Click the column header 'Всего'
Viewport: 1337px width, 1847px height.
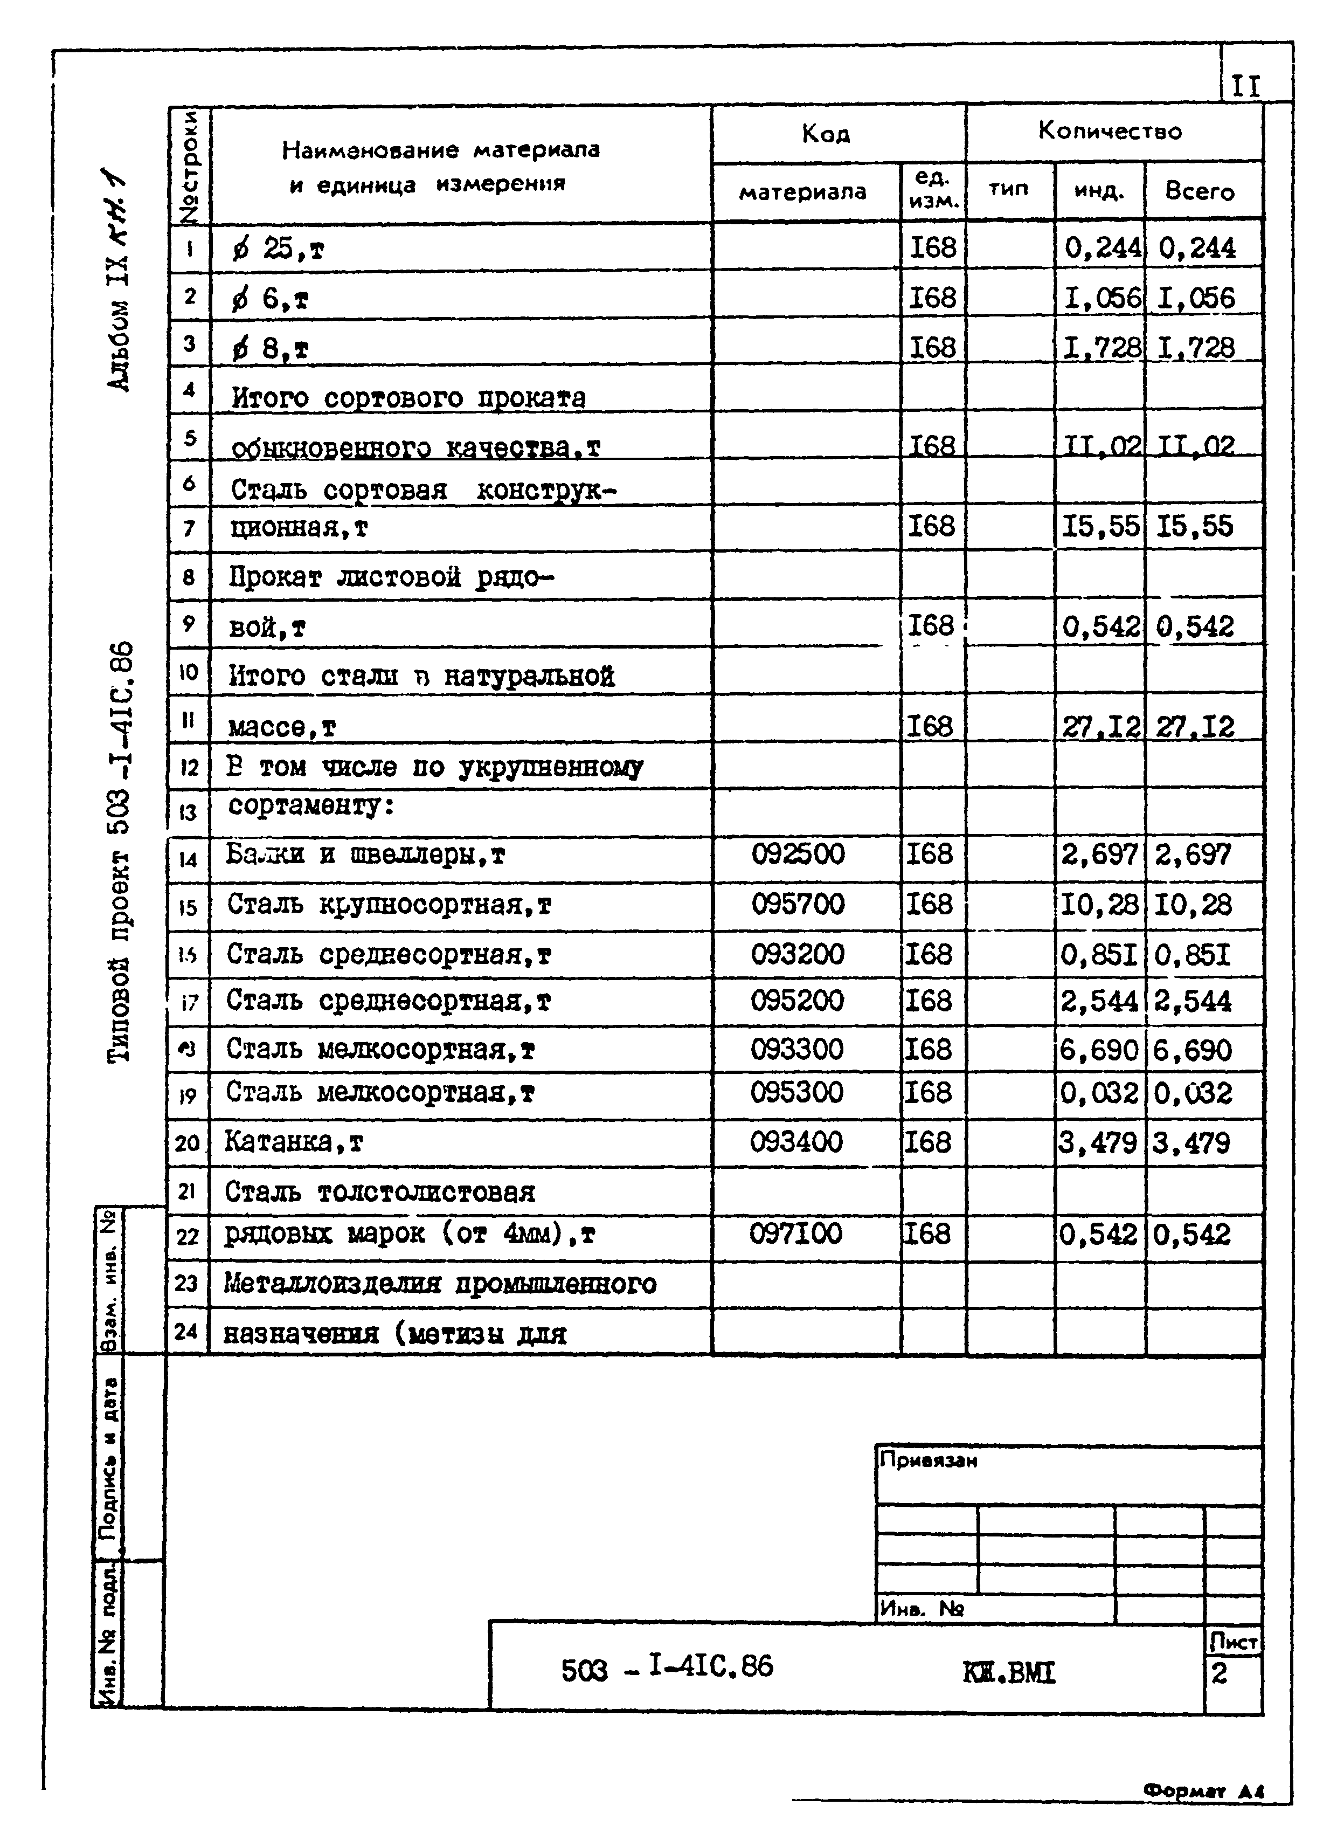pyautogui.click(x=1200, y=191)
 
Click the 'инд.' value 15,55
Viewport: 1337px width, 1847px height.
pyautogui.click(x=1100, y=526)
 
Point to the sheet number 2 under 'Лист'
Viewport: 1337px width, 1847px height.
pyautogui.click(x=1219, y=1673)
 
